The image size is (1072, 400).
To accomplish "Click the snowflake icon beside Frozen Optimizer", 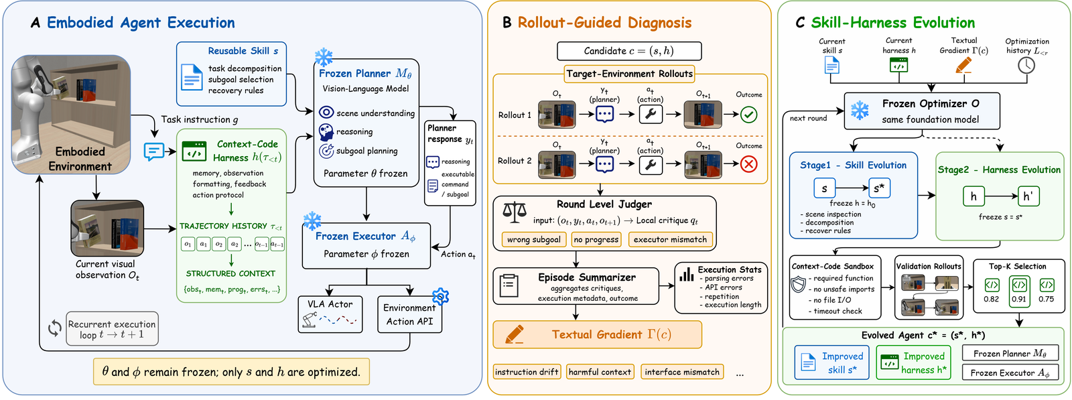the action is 860,111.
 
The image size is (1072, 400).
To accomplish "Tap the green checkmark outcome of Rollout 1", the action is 748,115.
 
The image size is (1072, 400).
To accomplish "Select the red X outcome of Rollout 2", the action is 748,165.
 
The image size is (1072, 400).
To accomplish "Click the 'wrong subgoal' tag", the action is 534,240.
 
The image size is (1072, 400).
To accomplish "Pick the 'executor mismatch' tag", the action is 670,240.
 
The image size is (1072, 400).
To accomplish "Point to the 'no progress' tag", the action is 596,240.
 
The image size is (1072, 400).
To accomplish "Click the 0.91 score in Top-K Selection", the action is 1019,299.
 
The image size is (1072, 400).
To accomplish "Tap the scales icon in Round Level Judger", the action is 515,212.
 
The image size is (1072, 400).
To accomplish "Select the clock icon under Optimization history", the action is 1026,66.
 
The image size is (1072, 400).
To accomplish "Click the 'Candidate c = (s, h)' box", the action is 629,51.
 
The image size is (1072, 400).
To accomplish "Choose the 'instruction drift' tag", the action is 527,372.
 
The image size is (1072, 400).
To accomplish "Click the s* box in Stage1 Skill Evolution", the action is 879,188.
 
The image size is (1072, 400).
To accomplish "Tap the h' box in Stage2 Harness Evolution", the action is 1027,196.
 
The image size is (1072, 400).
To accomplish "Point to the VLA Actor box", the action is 330,314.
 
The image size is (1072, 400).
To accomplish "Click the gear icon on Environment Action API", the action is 440,297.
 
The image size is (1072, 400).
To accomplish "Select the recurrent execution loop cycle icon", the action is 55,329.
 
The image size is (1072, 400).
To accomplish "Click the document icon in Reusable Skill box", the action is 192,77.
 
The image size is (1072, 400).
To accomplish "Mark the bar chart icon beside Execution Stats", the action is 687,274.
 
